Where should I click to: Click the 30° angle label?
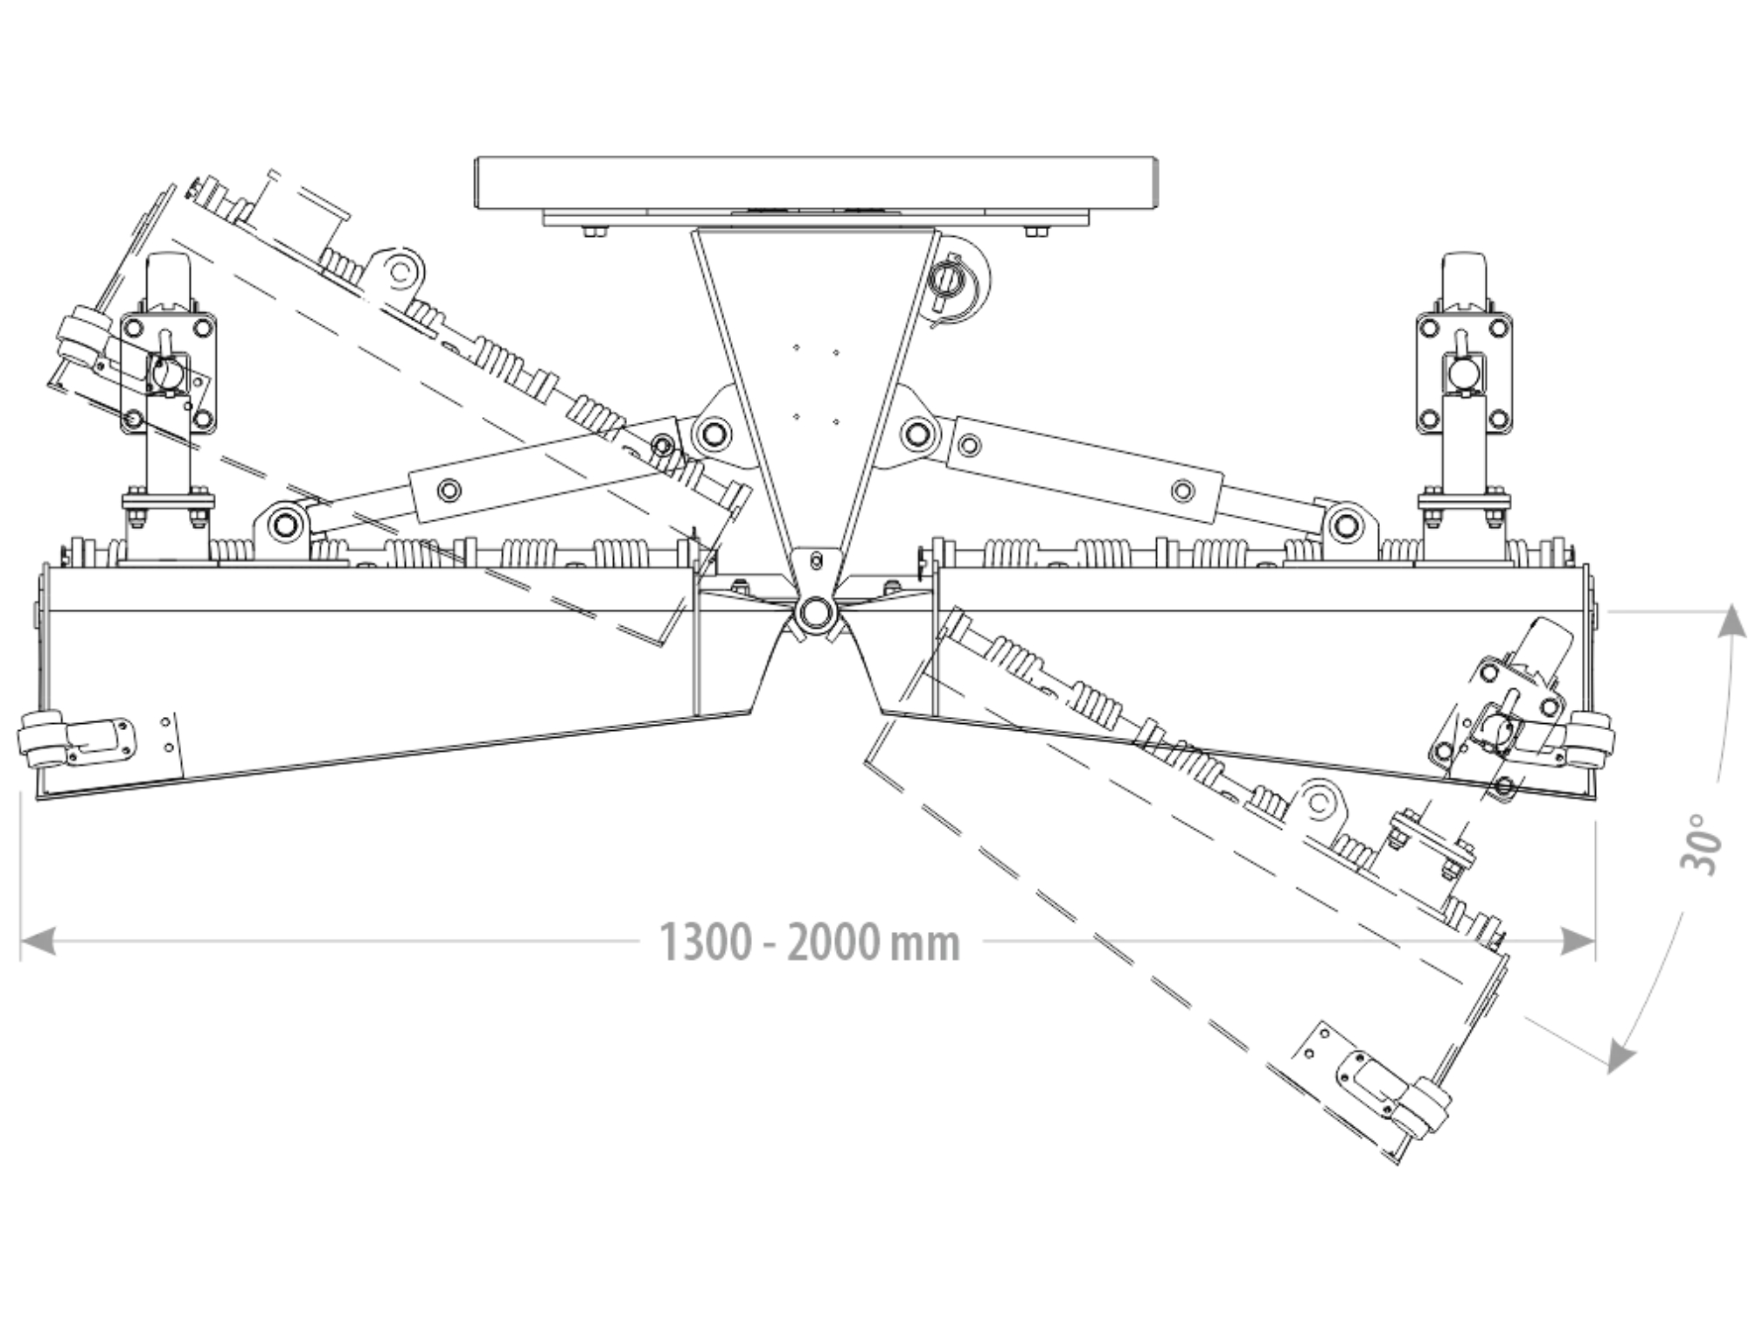1700,844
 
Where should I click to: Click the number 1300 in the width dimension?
705,943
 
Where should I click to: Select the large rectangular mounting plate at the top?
817,183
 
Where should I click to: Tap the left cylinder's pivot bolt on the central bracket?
712,432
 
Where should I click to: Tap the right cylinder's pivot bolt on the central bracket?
917,432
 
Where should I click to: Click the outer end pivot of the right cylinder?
1347,526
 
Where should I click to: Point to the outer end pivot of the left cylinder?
283,525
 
